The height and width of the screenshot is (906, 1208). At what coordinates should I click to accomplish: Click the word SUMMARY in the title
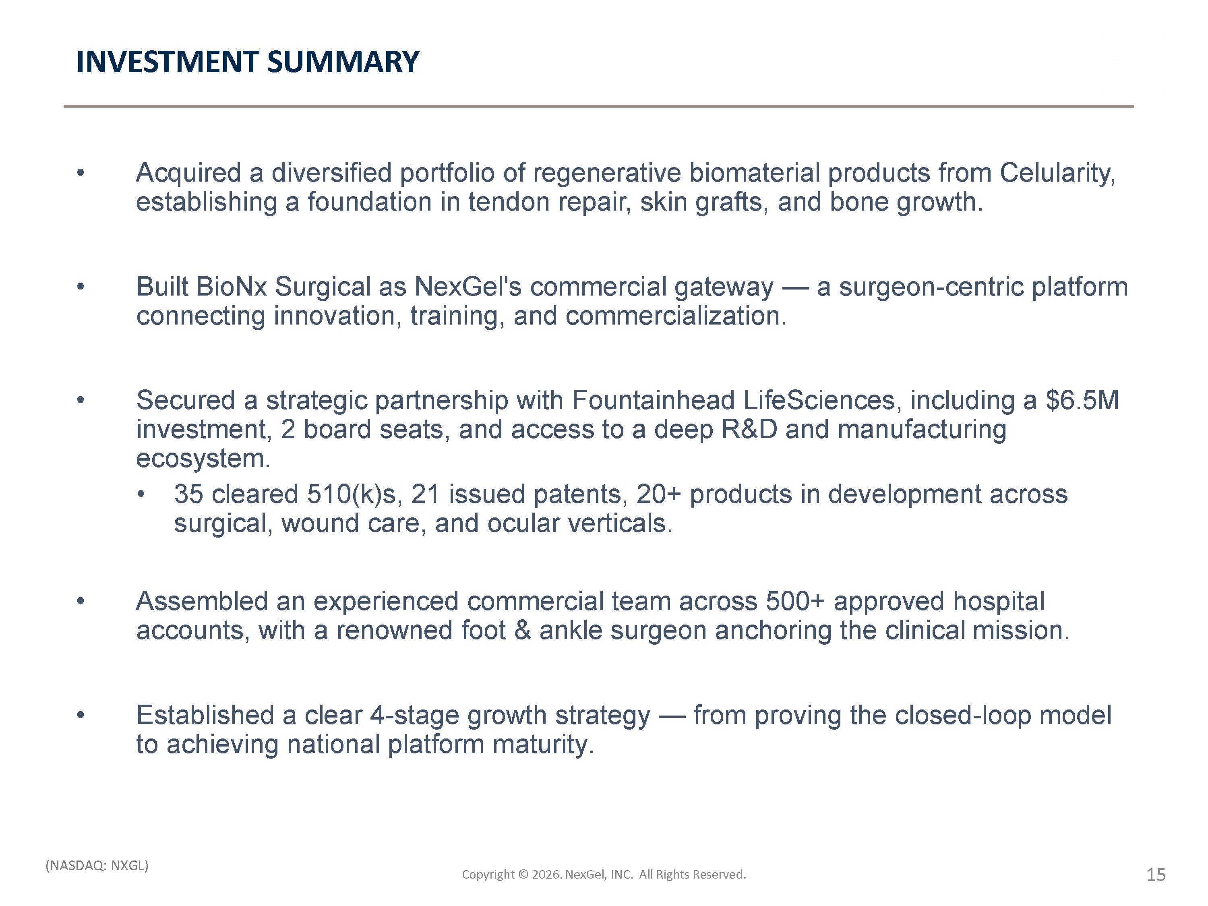coord(343,61)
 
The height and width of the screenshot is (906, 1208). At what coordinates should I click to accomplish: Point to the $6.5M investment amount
coord(1082,400)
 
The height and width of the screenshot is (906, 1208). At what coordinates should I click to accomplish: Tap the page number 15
coord(1156,875)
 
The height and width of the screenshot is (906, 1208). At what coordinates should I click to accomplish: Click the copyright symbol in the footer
coord(523,874)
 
